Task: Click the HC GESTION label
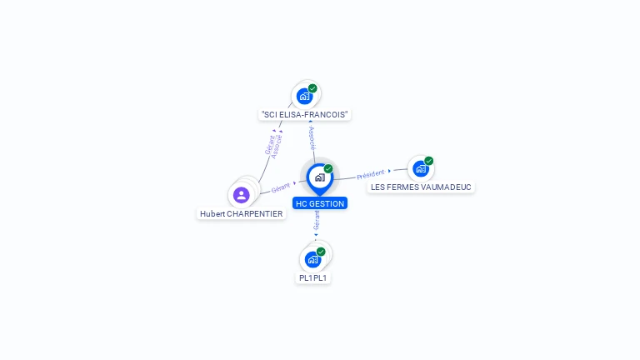click(x=319, y=203)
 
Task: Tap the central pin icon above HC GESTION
click(x=319, y=177)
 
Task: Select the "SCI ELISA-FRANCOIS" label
click(x=304, y=114)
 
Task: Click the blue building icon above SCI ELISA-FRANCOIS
click(x=304, y=96)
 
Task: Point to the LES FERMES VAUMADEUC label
click(x=422, y=187)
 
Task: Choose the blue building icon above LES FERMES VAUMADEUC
click(x=421, y=168)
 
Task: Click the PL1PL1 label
click(x=313, y=277)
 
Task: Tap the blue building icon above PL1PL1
click(x=313, y=259)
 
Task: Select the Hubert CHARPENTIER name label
click(x=242, y=213)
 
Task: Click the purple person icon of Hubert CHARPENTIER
click(x=242, y=195)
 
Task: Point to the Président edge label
click(x=370, y=174)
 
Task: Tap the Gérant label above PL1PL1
click(x=317, y=220)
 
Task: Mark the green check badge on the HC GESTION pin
click(x=328, y=169)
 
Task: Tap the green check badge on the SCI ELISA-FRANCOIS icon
click(x=312, y=88)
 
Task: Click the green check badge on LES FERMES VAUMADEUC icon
click(x=429, y=161)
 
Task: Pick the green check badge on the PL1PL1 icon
click(x=321, y=252)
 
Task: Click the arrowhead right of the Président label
click(x=390, y=171)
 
